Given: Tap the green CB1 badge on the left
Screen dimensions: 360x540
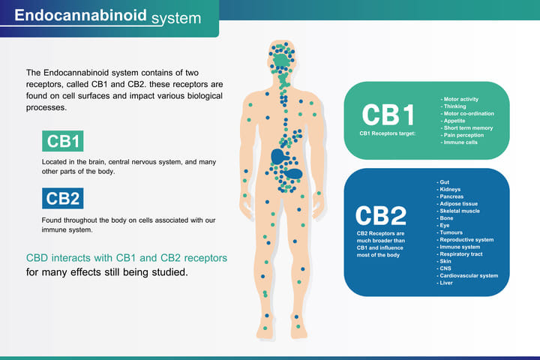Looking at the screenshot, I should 63,141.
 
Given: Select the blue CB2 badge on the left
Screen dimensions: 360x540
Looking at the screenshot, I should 63,198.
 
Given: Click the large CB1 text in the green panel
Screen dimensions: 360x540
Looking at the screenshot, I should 388,115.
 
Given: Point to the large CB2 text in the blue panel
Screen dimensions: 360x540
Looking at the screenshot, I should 381,214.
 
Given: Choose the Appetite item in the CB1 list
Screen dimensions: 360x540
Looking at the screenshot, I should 455,121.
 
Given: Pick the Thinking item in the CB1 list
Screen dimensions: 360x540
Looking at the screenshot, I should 454,106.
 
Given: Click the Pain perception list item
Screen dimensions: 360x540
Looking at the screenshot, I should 463,135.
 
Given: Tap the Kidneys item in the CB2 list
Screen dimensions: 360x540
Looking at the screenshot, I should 451,190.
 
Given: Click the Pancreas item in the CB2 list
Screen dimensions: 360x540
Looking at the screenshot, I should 452,196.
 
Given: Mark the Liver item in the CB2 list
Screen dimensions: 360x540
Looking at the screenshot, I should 447,283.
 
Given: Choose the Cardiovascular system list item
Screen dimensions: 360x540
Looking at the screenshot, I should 469,275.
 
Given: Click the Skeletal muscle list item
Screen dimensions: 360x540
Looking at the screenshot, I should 460,211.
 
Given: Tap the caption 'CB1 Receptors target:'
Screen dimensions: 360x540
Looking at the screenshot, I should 388,133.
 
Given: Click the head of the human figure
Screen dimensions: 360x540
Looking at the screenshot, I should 283,54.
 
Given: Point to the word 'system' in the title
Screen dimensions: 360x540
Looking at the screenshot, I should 176,16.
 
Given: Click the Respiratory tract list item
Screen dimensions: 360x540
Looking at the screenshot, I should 461,254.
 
